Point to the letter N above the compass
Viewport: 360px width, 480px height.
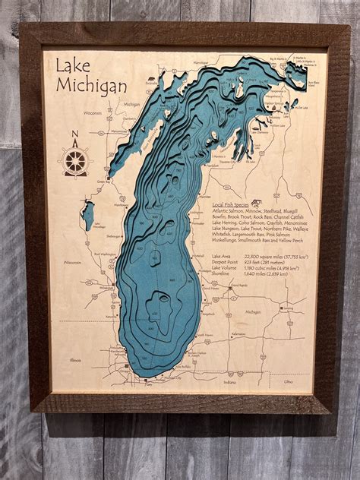click(x=74, y=137)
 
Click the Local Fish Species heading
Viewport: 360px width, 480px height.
click(x=226, y=205)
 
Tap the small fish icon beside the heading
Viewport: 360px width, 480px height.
click(x=257, y=204)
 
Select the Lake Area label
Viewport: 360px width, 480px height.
click(x=223, y=257)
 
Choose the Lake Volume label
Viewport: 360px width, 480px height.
click(x=225, y=268)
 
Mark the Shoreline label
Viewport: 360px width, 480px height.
click(x=223, y=274)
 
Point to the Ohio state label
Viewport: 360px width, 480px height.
click(x=289, y=381)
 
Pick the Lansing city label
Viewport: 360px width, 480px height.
click(x=287, y=308)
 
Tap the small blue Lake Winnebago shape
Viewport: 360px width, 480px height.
click(x=89, y=215)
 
